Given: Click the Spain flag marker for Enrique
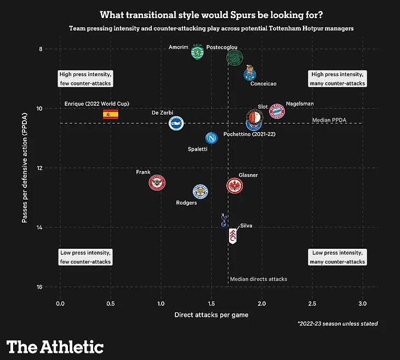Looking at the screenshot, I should click(x=111, y=114).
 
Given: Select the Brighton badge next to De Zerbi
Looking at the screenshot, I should click(x=176, y=123).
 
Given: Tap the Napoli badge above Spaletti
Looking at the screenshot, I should click(x=212, y=138).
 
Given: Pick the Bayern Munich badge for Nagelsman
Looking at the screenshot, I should click(x=277, y=111).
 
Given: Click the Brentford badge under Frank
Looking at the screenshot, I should click(x=157, y=182).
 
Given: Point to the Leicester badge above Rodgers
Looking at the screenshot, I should click(x=201, y=191).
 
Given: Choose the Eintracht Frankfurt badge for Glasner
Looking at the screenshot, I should click(x=235, y=186).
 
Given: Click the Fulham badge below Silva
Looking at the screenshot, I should click(x=233, y=236).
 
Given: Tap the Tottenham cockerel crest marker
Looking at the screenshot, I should click(x=223, y=220).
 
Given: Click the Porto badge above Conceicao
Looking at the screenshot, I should click(x=250, y=73).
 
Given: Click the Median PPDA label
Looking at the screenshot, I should click(x=329, y=120).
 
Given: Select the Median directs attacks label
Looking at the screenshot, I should click(x=259, y=279).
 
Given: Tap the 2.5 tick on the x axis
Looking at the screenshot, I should click(x=312, y=303).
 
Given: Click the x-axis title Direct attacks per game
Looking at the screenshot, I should click(x=212, y=315).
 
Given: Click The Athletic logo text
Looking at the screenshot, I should click(x=55, y=347).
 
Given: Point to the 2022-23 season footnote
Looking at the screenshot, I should click(x=338, y=324).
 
